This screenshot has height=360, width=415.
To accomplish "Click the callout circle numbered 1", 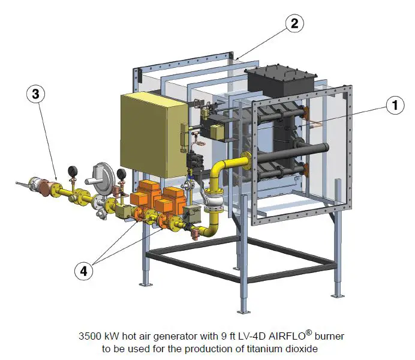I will tap(394, 106).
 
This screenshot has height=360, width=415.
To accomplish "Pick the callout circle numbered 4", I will tap(85, 271).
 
